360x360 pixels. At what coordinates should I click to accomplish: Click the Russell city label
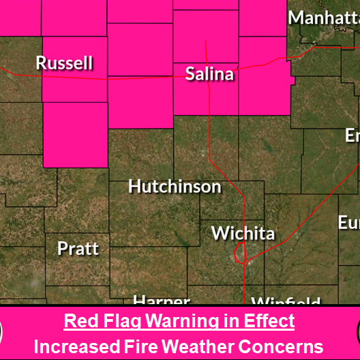click(x=64, y=63)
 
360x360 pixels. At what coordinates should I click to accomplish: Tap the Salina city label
click(x=210, y=74)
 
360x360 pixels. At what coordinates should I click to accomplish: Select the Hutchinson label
click(x=175, y=186)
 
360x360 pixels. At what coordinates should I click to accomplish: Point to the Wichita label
click(x=243, y=233)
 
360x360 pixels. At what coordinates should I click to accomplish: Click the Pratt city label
click(x=78, y=248)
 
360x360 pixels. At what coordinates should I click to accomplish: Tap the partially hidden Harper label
click(x=161, y=301)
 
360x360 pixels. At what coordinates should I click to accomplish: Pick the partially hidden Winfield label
click(x=286, y=301)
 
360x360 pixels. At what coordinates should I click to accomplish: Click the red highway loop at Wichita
click(x=239, y=254)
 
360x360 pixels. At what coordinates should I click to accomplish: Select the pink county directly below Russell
click(x=75, y=134)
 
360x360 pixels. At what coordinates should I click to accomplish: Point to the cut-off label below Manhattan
click(x=352, y=136)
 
